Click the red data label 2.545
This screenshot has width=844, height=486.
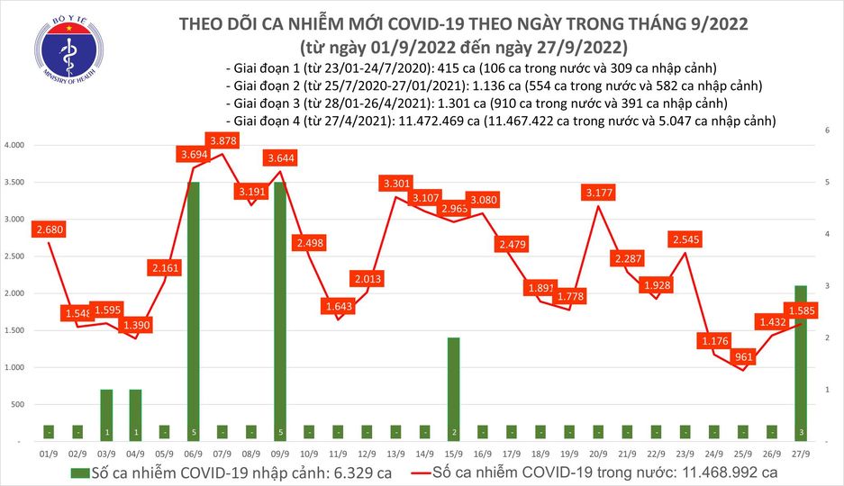[x=687, y=240]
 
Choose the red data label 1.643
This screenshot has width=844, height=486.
[x=340, y=307]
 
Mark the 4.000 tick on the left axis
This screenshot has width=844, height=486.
[x=16, y=145]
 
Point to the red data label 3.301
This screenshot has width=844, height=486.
[x=397, y=184]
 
